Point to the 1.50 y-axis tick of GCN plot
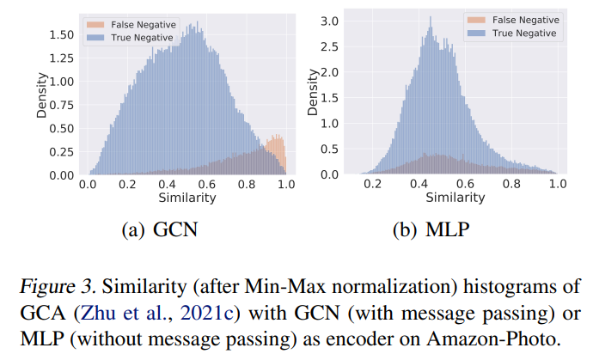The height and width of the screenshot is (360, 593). [62, 35]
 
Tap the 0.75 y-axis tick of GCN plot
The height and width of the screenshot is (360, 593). [62, 105]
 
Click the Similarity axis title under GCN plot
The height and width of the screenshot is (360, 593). [186, 198]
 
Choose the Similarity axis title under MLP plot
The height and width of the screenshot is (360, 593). [454, 198]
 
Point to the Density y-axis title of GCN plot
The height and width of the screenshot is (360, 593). [40, 95]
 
